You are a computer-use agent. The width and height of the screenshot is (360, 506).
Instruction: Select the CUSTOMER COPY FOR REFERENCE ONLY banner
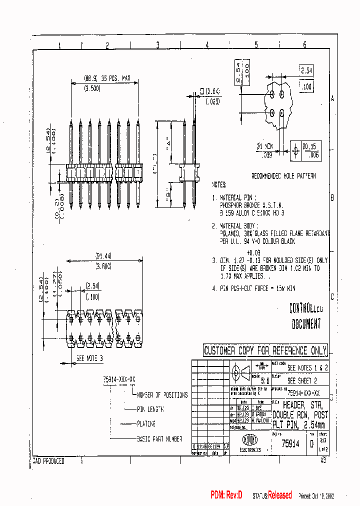[x=265, y=350]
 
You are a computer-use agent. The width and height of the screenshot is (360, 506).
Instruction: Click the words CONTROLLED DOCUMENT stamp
[x=306, y=316]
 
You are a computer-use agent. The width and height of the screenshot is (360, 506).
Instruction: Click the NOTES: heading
[x=219, y=184]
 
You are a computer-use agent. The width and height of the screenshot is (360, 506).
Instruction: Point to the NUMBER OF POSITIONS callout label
[x=162, y=394]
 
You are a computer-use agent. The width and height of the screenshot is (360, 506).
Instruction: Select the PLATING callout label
[x=146, y=423]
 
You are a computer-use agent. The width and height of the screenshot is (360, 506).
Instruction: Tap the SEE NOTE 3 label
[x=89, y=358]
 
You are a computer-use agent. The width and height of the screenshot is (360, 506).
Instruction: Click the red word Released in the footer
[x=279, y=495]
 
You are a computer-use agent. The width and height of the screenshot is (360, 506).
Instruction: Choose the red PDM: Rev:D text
[x=226, y=495]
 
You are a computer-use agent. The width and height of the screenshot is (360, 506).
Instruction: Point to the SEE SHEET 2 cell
[x=301, y=380]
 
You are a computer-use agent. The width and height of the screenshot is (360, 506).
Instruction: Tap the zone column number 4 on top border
[x=206, y=45]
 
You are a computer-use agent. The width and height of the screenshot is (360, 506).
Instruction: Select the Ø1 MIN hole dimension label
[x=265, y=147]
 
